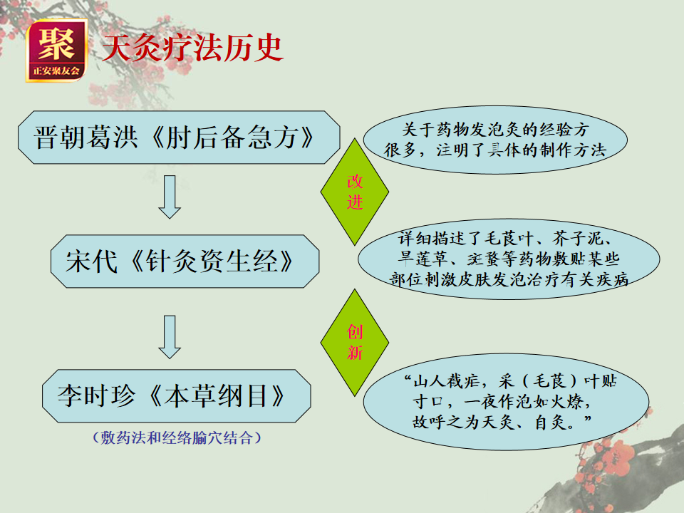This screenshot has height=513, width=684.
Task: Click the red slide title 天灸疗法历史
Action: click(x=193, y=48)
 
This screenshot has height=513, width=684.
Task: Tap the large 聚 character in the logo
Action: click(x=56, y=43)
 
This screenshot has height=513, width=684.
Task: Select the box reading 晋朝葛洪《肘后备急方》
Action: click(x=179, y=138)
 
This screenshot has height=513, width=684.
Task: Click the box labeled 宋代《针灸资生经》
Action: click(x=185, y=261)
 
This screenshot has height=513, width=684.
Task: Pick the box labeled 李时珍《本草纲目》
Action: click(x=177, y=396)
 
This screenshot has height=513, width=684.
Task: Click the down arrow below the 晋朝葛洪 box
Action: click(x=170, y=197)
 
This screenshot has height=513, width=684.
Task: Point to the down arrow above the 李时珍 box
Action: click(x=170, y=337)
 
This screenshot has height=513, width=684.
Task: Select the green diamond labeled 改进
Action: click(x=355, y=192)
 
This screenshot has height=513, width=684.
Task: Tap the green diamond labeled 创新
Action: click(x=355, y=343)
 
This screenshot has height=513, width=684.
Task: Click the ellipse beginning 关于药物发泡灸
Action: click(x=495, y=140)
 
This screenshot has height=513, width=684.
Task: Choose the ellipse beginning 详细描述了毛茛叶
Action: click(x=509, y=259)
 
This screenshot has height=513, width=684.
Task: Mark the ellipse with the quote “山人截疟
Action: click(x=506, y=402)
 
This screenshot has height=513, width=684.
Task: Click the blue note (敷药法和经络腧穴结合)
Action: click(x=177, y=437)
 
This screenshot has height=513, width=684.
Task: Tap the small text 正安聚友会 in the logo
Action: click(x=56, y=71)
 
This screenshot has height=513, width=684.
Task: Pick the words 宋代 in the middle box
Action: click(x=92, y=261)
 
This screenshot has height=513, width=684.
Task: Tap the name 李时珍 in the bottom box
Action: click(x=96, y=396)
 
